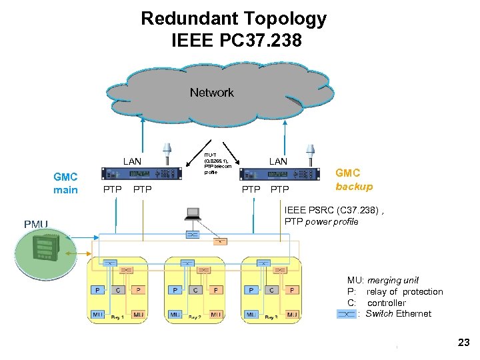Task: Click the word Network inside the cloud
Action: point(211,93)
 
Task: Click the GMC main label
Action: point(65,183)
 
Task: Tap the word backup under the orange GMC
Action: point(354,187)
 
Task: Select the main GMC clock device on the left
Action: point(141,173)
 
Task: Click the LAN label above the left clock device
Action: point(132,161)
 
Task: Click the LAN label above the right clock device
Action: point(277,161)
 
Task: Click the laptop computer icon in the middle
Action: point(193,215)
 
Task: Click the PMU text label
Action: point(36,224)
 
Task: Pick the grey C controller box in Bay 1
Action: point(117,290)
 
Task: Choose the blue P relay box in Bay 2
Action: point(175,290)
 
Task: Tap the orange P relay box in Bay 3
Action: point(292,290)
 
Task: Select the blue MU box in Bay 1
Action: point(97,313)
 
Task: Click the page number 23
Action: point(464,342)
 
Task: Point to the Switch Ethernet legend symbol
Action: point(347,313)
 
